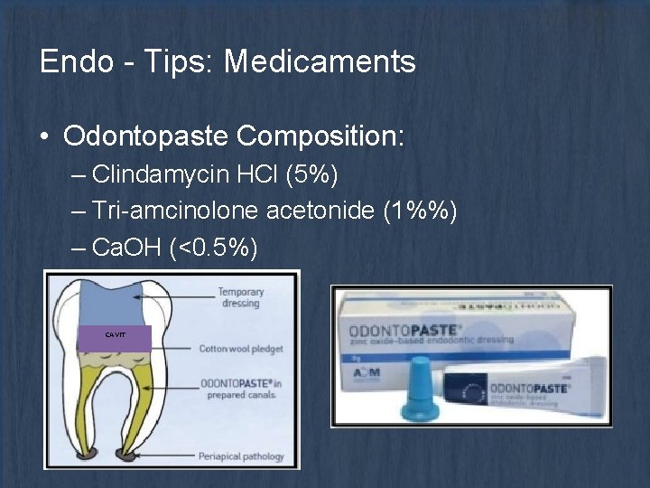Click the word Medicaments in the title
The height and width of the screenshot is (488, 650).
point(320,62)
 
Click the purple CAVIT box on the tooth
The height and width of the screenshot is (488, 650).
point(115,334)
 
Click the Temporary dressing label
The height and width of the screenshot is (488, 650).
point(240,297)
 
